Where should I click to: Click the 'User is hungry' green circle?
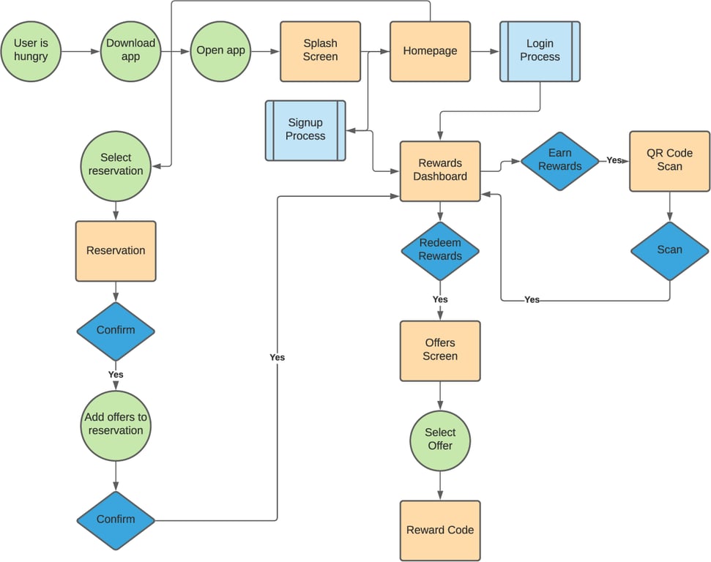[x=31, y=51]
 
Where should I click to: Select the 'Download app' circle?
[x=130, y=51]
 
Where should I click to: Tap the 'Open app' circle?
[x=220, y=51]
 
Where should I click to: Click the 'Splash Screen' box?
[x=320, y=51]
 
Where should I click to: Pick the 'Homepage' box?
[x=430, y=51]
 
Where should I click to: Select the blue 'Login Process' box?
[x=540, y=51]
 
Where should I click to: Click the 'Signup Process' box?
[x=305, y=130]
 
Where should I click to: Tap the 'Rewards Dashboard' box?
[x=440, y=171]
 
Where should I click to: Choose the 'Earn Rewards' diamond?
[x=559, y=161]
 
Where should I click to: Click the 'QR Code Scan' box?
[x=669, y=161]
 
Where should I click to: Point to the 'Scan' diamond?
[x=669, y=250]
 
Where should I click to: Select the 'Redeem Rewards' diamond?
[x=440, y=250]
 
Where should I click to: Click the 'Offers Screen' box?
[x=440, y=351]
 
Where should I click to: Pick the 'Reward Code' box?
[x=440, y=531]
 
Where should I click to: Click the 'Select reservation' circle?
[x=116, y=165]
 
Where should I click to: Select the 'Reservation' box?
[x=116, y=251]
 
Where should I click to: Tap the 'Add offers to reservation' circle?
[x=116, y=424]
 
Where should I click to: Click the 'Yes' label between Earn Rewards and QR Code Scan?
[x=614, y=160]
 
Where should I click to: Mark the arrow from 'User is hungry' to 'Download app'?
[x=81, y=51]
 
